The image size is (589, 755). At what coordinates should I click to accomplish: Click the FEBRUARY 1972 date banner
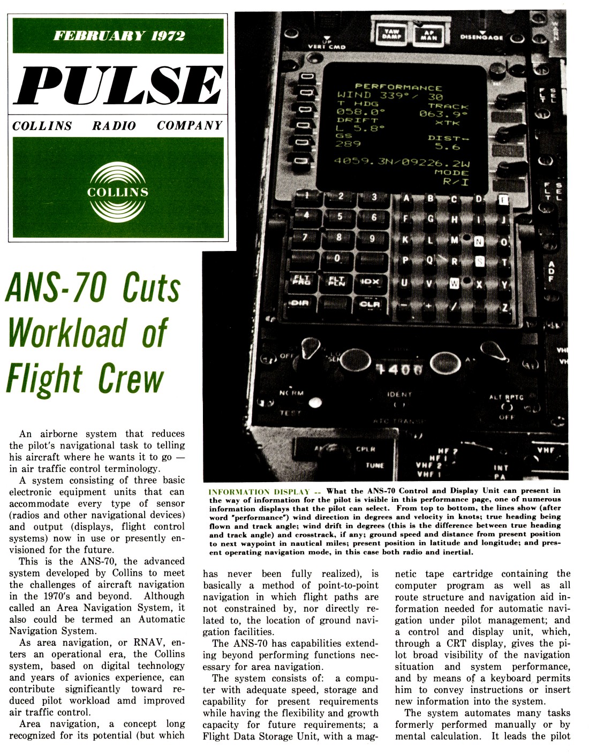click(x=118, y=36)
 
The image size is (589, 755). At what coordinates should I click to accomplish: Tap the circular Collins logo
click(x=118, y=192)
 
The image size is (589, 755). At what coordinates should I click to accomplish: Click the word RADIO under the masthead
click(x=114, y=126)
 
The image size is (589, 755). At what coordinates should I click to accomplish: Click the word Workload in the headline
click(x=67, y=333)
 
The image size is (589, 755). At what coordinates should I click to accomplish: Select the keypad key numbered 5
click(x=339, y=216)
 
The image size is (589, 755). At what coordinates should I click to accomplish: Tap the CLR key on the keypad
click(x=369, y=304)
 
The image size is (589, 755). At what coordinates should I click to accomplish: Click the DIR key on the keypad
click(x=300, y=303)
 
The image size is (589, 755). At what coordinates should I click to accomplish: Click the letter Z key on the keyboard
click(x=504, y=308)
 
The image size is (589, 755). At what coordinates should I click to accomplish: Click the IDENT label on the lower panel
click(x=399, y=394)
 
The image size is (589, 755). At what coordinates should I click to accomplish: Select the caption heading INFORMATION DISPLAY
click(x=259, y=491)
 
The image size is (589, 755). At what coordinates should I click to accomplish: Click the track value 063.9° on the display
click(x=443, y=114)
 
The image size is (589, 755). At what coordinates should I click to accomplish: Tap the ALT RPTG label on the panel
click(x=505, y=397)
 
